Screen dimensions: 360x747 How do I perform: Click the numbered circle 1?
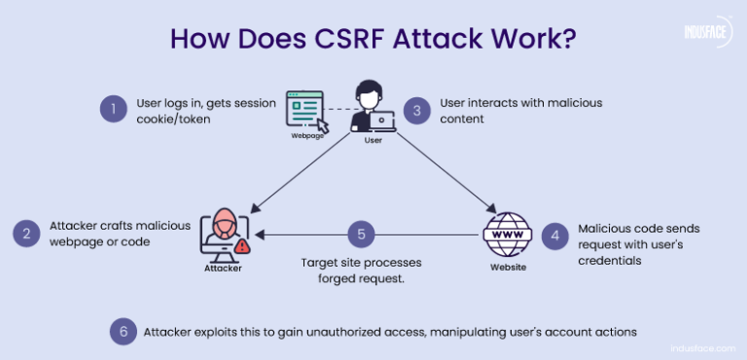point(114,109)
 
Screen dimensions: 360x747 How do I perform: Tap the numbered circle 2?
point(26,233)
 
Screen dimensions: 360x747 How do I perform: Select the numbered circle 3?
point(417,110)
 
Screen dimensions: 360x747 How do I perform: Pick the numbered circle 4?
point(553,234)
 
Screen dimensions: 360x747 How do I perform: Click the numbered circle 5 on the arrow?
point(361,234)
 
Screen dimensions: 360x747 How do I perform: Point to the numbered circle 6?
point(123,331)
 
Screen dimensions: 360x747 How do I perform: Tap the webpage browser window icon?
point(305,110)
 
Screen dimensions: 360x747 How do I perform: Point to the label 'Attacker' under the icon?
point(222,269)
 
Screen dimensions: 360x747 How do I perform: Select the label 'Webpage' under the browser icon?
point(306,137)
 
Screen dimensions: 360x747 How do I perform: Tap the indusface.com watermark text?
point(698,346)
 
